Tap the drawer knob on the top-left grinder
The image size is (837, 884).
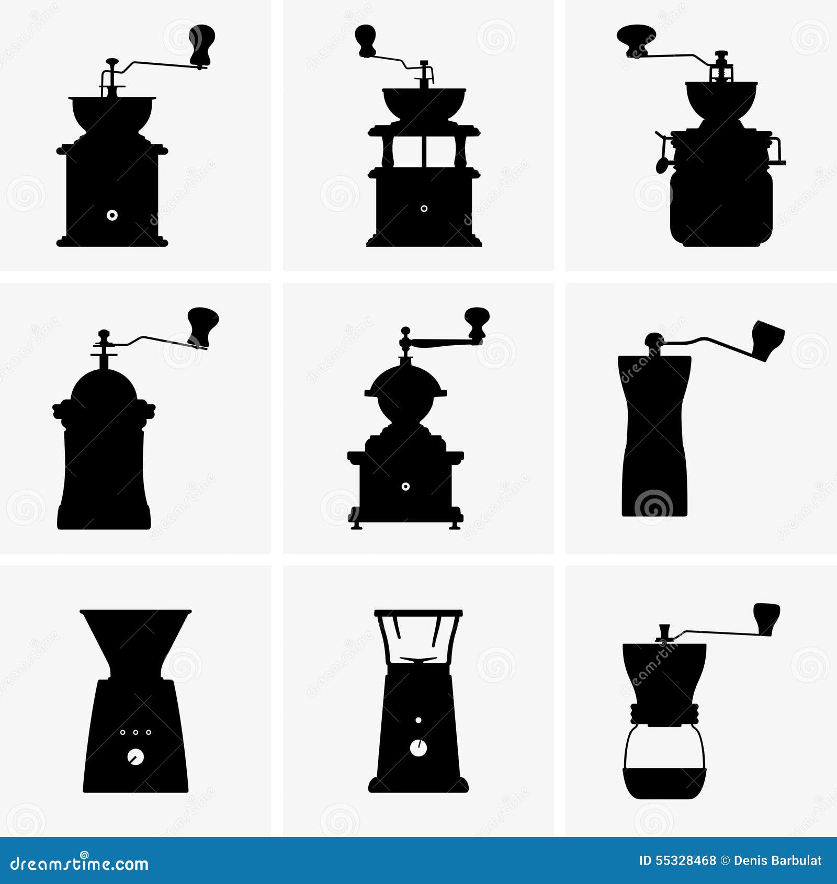point(112,215)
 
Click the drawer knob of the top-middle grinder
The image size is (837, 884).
point(424,209)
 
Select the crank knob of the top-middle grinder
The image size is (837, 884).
point(365,39)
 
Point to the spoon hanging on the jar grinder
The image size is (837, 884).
point(661,163)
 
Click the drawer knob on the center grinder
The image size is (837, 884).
point(405,486)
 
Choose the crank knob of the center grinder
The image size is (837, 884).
point(477,320)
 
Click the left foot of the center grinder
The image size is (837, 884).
point(356,525)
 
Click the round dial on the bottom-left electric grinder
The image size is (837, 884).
point(135,757)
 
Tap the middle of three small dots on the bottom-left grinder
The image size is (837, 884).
point(135,732)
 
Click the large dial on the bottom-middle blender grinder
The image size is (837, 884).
point(418,748)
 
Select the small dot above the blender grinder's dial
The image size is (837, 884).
point(418,720)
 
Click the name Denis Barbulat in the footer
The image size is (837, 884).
point(777,860)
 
